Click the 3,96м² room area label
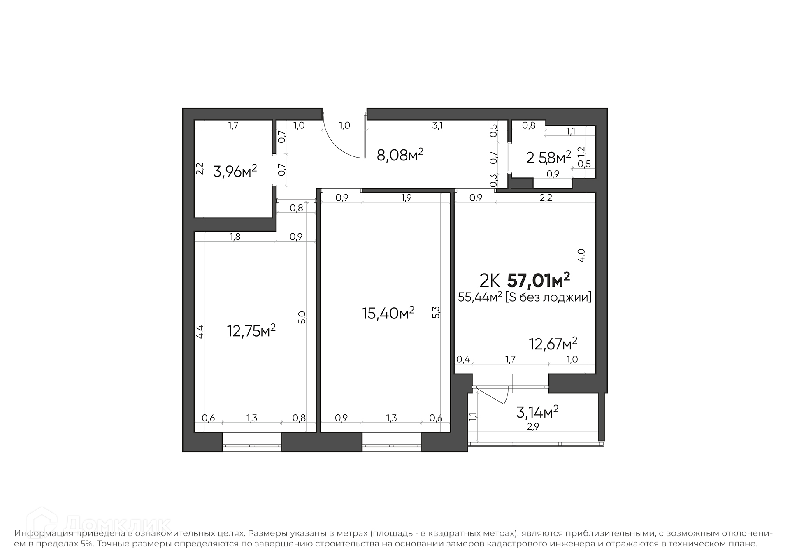click(x=235, y=170)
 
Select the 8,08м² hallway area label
click(x=400, y=155)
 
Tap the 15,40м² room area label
click(x=388, y=313)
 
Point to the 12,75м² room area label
click(x=251, y=330)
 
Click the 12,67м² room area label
click(x=553, y=343)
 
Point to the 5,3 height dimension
click(x=436, y=312)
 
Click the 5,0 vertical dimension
click(x=302, y=317)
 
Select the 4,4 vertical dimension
click(x=199, y=332)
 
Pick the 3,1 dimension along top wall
click(x=438, y=125)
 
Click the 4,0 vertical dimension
click(x=581, y=255)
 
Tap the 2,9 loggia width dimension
click(x=533, y=427)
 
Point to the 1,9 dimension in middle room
click(x=406, y=198)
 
